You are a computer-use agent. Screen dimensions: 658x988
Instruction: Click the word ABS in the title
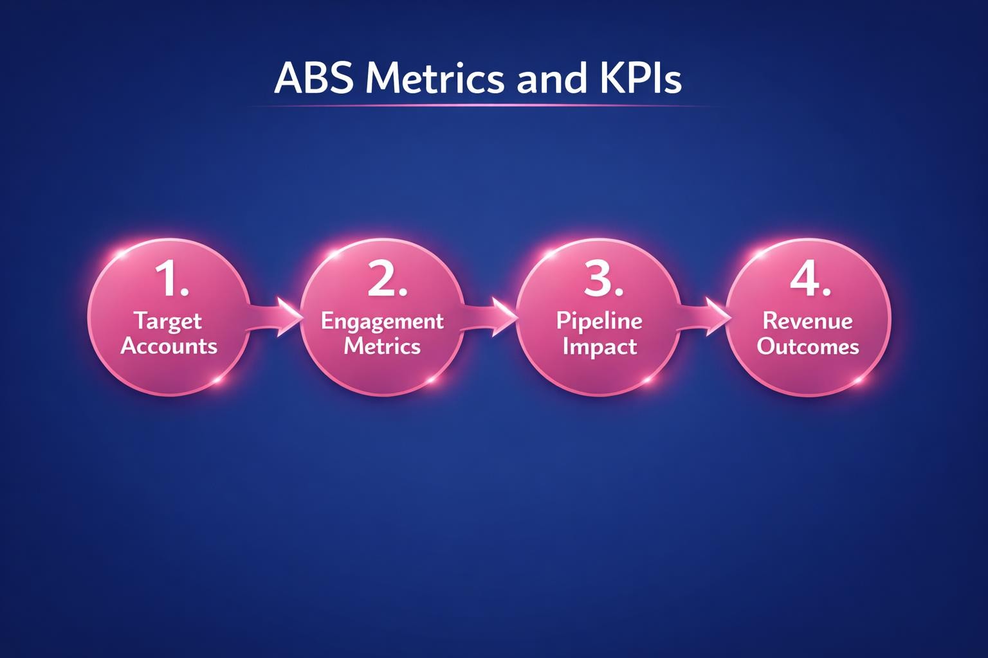coord(315,79)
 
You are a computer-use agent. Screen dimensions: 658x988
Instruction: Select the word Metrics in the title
coord(434,79)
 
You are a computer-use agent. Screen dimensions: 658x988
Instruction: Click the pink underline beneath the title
coord(482,105)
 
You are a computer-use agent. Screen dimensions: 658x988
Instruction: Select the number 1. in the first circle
coord(171,280)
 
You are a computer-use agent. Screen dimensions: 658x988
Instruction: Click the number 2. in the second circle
coord(387,280)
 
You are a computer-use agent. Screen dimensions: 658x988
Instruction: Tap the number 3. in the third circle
coord(603,280)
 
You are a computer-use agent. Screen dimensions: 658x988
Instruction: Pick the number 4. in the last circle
coord(810,280)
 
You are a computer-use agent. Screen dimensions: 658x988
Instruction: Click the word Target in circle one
coord(168,321)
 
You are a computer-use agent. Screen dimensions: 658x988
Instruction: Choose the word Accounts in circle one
coord(169,346)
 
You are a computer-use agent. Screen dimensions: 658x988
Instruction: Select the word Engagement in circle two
coord(382,321)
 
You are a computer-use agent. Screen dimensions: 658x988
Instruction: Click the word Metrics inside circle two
coord(382,346)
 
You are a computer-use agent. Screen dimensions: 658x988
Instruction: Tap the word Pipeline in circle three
coord(599,321)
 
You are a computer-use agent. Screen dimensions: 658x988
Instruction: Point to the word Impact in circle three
coord(599,347)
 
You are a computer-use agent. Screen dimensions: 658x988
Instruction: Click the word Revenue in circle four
coord(807,321)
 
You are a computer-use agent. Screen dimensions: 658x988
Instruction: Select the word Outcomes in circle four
coord(807,347)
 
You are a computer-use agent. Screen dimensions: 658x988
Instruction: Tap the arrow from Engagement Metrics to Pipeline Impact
coord(490,316)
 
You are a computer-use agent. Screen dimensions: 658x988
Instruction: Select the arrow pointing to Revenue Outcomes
coord(704,316)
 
